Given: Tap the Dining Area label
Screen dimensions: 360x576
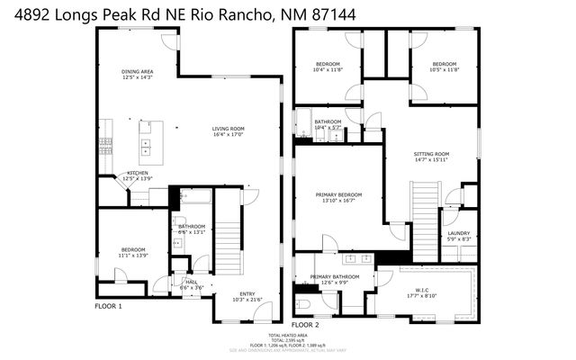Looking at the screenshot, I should [x=138, y=72].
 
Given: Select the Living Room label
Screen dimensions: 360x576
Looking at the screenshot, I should [x=229, y=129].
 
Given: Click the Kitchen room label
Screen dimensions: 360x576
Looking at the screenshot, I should [x=138, y=173].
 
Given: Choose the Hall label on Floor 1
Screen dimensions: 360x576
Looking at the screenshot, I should [x=191, y=282].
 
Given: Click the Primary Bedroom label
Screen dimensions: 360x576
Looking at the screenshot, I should [x=338, y=194].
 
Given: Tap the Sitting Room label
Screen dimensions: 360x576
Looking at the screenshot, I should [x=431, y=154].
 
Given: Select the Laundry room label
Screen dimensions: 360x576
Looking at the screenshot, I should [x=459, y=233].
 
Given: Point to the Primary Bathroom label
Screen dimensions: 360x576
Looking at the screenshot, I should [x=334, y=277].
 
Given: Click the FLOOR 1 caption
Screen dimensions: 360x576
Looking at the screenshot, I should [x=108, y=306].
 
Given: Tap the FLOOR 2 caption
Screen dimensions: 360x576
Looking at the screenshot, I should [x=304, y=323].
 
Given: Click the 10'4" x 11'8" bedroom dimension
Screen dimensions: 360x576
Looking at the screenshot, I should [x=328, y=70].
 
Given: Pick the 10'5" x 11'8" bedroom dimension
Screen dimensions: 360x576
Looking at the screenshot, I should [x=444, y=70].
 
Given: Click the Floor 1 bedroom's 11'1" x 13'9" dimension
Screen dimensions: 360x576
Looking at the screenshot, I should [x=133, y=256].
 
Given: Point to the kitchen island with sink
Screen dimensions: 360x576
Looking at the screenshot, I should [x=146, y=141].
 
